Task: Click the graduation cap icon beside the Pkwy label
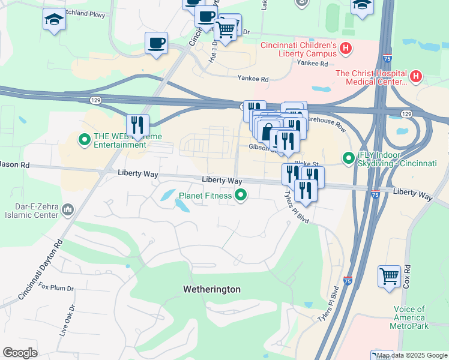coord(53,20)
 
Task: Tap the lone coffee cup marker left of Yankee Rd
coord(156,43)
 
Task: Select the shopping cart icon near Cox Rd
coord(389,277)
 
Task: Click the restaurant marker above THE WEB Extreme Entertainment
coord(137,125)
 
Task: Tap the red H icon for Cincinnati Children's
coord(345,47)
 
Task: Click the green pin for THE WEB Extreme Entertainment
coord(85,141)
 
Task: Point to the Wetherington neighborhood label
coord(211,289)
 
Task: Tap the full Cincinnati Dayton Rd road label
coord(40,269)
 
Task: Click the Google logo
coord(20,352)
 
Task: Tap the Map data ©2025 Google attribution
coord(412,355)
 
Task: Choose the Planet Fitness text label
coord(205,195)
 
